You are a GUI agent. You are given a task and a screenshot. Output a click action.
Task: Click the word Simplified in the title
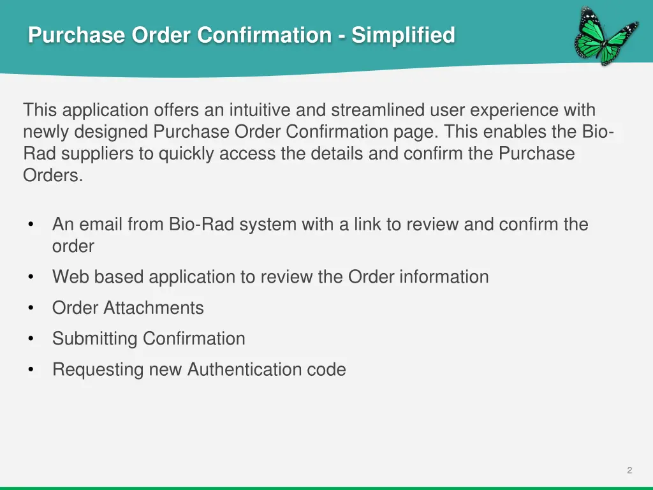(403, 34)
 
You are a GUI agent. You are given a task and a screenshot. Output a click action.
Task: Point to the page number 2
(629, 470)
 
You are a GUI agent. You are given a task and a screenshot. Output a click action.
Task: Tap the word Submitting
(94, 339)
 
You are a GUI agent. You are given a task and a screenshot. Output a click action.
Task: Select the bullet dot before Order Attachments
(31, 308)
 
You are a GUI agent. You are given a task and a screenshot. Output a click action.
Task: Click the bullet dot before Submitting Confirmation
(31, 339)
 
